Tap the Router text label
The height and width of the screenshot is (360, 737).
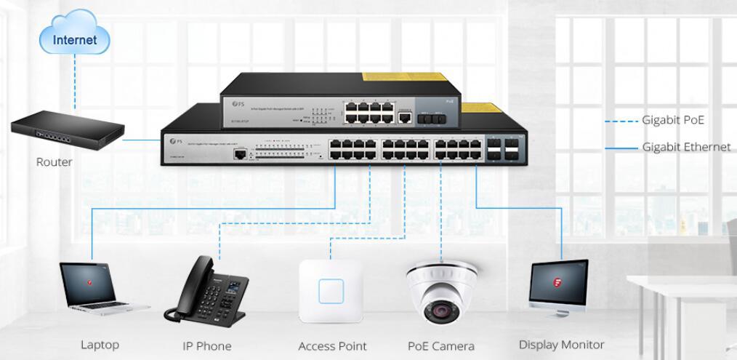click(55, 162)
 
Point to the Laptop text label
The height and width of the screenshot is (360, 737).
click(100, 345)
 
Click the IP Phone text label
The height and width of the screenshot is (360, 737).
click(206, 346)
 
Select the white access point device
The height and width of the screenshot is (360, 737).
click(331, 291)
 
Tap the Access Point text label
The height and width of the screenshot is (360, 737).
click(332, 346)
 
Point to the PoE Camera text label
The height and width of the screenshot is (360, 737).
click(441, 346)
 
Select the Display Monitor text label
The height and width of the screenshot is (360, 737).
click(561, 345)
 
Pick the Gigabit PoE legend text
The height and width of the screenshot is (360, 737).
click(672, 121)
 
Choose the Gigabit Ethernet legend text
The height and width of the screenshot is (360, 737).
click(686, 147)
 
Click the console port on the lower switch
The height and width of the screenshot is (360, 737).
click(238, 154)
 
